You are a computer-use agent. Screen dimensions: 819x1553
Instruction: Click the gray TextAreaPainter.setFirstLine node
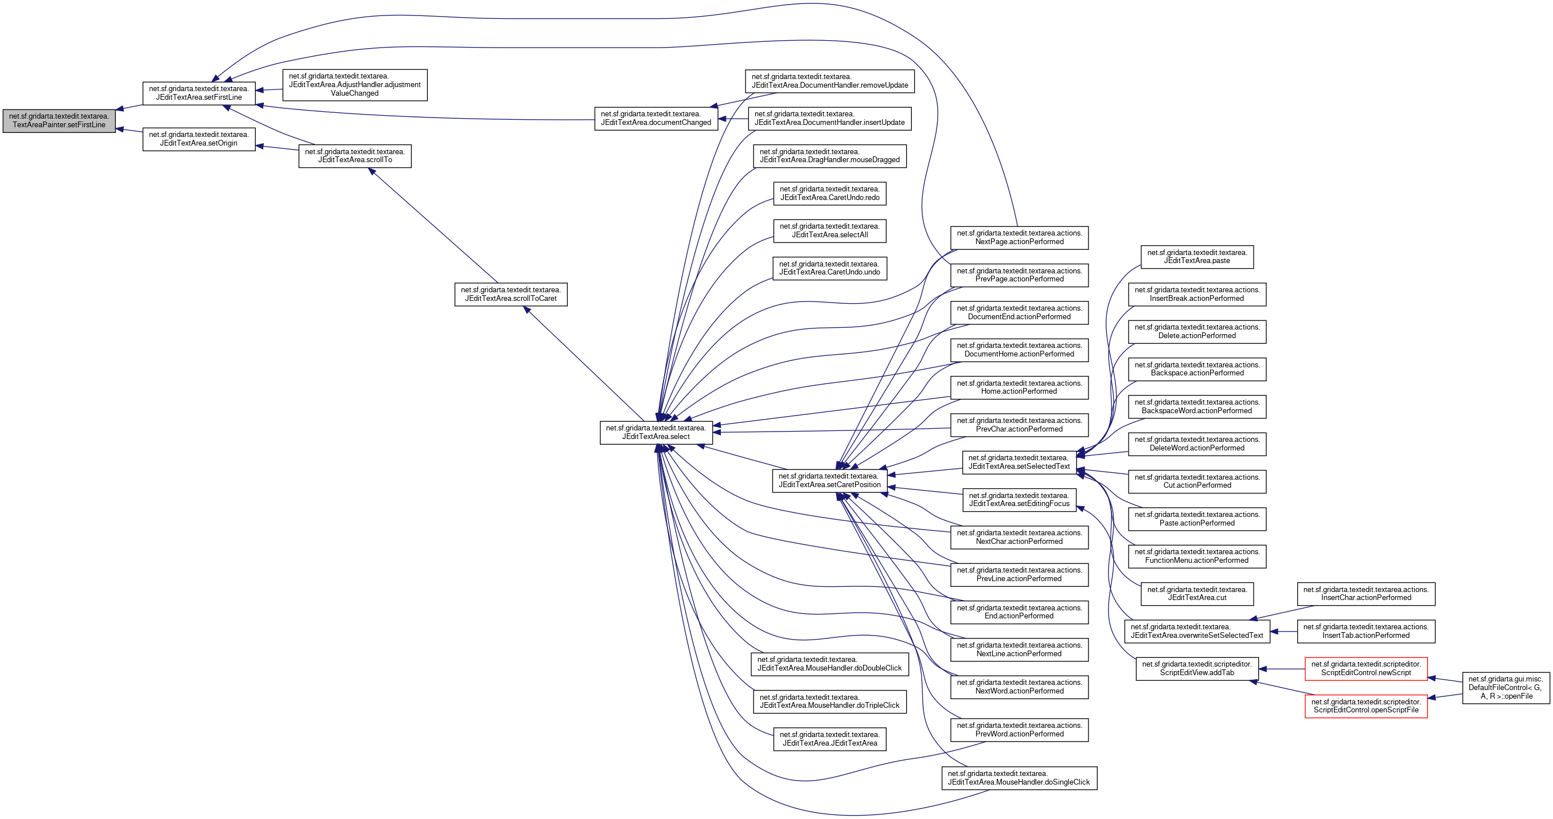coord(59,120)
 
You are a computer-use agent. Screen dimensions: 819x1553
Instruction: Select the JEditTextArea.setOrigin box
coord(199,139)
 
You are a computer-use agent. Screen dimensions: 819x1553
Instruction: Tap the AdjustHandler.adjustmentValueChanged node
coord(354,85)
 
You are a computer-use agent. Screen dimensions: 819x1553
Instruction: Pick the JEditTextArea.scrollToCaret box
coord(510,294)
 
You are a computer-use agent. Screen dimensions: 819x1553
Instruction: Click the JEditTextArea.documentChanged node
coord(656,118)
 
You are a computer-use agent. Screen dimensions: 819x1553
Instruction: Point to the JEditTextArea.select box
coord(656,433)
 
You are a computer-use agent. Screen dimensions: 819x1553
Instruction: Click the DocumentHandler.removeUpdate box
coord(830,81)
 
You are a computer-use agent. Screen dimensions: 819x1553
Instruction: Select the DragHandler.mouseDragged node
coord(830,156)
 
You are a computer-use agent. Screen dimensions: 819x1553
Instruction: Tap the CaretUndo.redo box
coord(830,194)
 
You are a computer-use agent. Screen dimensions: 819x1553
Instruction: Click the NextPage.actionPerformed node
coord(1020,237)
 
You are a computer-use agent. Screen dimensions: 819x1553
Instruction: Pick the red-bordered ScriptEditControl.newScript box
coord(1366,669)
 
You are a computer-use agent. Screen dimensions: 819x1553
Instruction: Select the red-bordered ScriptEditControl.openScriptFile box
coord(1366,706)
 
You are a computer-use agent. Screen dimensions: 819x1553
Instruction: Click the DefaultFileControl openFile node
coord(1506,688)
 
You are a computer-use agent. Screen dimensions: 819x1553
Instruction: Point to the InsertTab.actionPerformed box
coord(1366,632)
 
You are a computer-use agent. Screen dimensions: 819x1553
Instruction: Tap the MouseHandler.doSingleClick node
coord(1019,778)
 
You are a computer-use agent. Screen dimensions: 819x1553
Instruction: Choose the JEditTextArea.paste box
coord(1197,257)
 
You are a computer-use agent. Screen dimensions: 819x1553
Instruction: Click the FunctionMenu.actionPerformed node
coord(1197,557)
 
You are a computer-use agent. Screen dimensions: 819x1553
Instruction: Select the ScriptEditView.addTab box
coord(1197,669)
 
